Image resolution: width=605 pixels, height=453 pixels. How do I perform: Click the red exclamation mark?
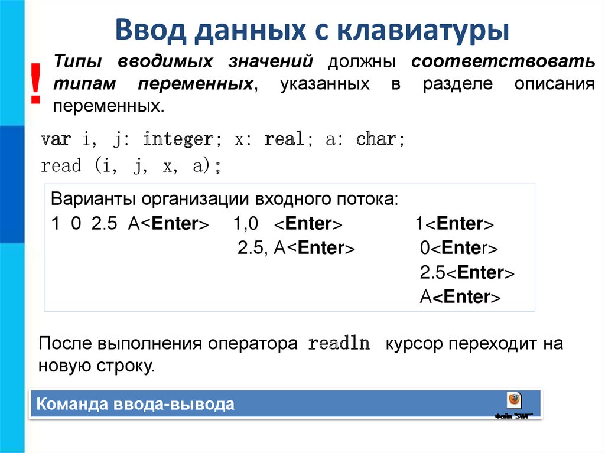36,84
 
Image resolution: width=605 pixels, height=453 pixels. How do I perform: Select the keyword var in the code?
56,140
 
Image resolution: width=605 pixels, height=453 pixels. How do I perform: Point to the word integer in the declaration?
178,140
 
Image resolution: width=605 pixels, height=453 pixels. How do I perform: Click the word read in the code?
61,167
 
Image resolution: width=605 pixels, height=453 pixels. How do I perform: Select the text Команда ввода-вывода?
135,405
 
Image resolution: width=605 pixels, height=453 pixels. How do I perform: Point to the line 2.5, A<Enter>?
296,248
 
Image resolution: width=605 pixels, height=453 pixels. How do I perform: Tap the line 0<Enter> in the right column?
459,248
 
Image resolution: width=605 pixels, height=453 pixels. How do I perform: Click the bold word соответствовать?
503,62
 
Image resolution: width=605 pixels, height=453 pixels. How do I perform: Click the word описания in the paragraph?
554,84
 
